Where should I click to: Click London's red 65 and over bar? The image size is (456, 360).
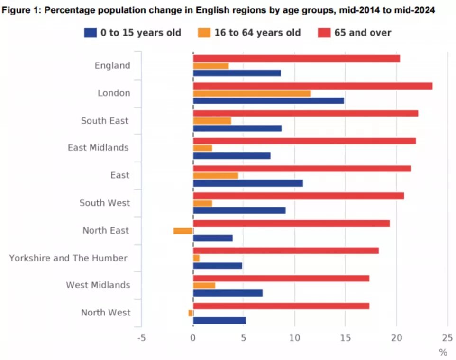pyautogui.click(x=312, y=86)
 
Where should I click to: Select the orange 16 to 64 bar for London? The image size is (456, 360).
pyautogui.click(x=252, y=93)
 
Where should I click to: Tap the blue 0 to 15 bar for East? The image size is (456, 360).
pyautogui.click(x=247, y=183)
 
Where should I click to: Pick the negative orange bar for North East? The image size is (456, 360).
pyautogui.click(x=183, y=231)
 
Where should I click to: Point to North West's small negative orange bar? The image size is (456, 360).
pyautogui.click(x=191, y=313)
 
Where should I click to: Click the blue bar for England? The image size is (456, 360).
pyautogui.click(x=237, y=73)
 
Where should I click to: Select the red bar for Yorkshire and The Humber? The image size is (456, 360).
pyautogui.click(x=285, y=251)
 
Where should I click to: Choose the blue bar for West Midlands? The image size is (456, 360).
pyautogui.click(x=228, y=293)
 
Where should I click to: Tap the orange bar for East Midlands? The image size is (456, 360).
pyautogui.click(x=202, y=148)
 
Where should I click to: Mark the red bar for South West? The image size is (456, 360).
pyautogui.click(x=298, y=196)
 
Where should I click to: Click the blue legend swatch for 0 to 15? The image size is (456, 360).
pyautogui.click(x=91, y=33)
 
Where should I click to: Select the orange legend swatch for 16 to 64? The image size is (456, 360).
pyautogui.click(x=204, y=33)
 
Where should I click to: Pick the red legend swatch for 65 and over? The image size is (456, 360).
pyautogui.click(x=324, y=33)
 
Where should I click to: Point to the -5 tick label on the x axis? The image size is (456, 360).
pyautogui.click(x=141, y=338)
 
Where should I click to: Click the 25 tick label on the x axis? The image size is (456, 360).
pyautogui.click(x=447, y=338)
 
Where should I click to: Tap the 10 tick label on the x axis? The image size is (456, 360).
pyautogui.click(x=294, y=338)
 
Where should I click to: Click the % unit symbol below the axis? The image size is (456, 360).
pyautogui.click(x=443, y=352)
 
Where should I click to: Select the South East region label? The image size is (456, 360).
pyautogui.click(x=104, y=121)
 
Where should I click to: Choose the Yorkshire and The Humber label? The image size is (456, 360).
pyautogui.click(x=68, y=258)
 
